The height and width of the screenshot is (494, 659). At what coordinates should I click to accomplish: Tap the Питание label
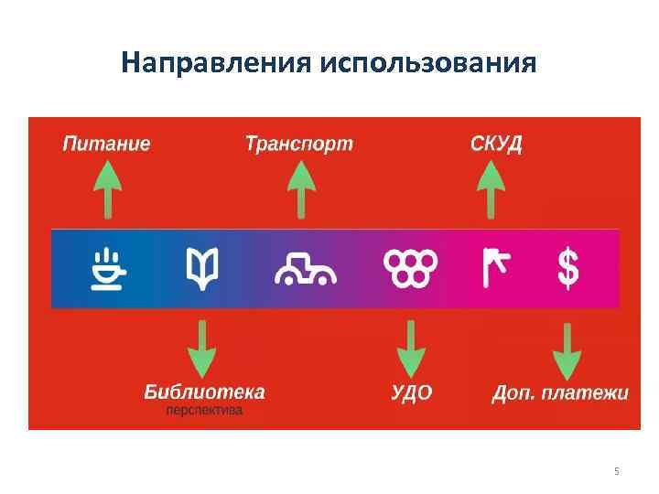point(106,144)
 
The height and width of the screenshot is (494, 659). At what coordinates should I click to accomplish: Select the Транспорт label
point(298,144)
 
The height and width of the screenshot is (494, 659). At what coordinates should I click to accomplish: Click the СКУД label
point(496,144)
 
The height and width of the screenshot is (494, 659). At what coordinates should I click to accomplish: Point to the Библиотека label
point(204,392)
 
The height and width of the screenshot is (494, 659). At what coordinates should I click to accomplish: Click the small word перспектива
point(204,412)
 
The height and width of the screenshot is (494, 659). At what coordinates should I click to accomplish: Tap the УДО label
point(412,393)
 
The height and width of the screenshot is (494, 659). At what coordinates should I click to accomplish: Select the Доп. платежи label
point(560,393)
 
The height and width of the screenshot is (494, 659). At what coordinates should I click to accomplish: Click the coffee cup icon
point(109,268)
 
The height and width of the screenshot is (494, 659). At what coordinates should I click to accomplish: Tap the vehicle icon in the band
point(306,269)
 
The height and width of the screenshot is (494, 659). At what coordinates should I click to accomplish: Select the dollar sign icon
point(568,269)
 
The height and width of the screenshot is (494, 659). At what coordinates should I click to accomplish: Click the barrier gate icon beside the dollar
point(495,268)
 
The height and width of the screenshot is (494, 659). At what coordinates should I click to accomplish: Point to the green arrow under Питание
point(108,188)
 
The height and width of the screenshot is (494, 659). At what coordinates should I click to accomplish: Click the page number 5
point(616,471)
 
